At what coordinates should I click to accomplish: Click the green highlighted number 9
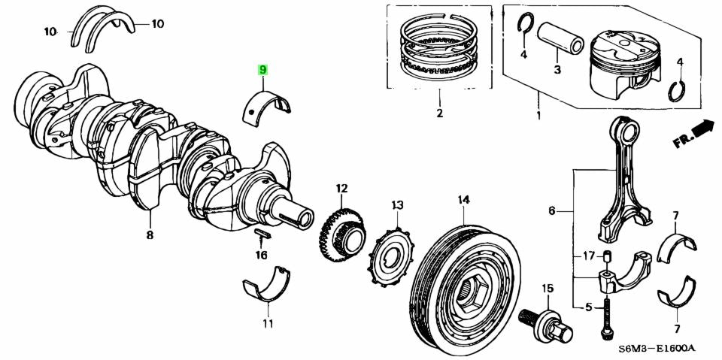263,70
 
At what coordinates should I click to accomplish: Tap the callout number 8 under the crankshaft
150,235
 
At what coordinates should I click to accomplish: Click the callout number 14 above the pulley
463,200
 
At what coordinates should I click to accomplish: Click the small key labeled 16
260,234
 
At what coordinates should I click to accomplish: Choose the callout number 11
268,324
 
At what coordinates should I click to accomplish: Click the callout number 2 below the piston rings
439,114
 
